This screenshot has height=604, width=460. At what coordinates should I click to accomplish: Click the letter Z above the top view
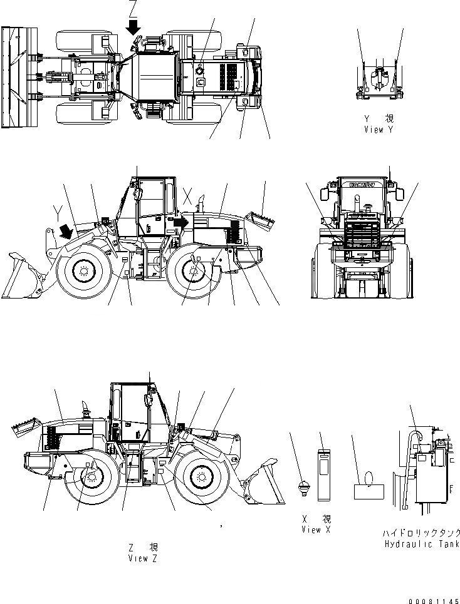(132, 9)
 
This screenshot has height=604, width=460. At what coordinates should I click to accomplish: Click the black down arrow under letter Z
(133, 27)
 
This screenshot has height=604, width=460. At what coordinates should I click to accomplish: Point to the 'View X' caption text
(320, 530)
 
